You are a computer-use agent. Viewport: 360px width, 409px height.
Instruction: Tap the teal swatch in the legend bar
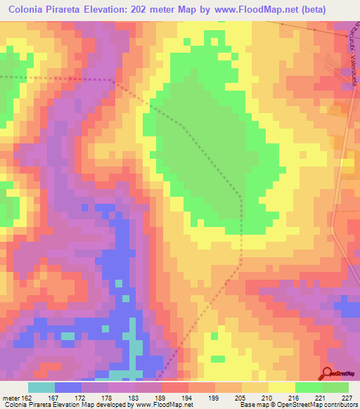(x=41, y=387)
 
